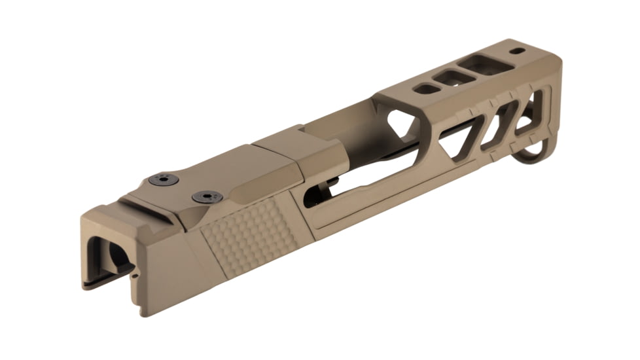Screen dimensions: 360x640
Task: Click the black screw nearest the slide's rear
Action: [164, 179]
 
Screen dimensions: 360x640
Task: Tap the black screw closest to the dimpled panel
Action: [207, 196]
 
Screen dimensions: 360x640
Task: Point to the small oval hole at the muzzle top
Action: [517, 50]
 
